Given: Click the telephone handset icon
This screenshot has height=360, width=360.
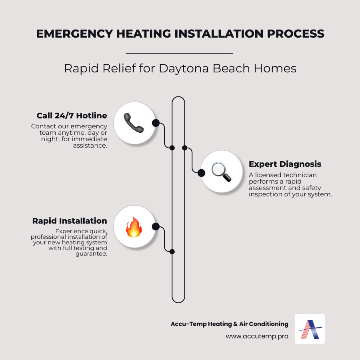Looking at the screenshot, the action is coord(134,123).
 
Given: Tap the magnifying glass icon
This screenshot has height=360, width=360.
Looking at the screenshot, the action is coord(221,172).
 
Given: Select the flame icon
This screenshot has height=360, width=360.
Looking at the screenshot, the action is coord(134,227).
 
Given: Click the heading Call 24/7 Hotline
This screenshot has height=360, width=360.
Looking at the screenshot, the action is coord(72,116).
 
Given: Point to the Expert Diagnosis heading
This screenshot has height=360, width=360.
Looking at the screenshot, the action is coord(285,164).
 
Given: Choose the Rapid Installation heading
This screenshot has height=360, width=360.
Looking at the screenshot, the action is coord(70,221).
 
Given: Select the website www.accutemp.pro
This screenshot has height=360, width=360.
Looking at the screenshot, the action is coord(257,336).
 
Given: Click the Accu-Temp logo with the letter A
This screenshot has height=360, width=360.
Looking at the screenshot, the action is coord(310,329).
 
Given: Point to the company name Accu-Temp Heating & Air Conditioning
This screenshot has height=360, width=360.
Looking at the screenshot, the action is coord(229,324).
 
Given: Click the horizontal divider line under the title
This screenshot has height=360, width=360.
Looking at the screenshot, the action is coord(179,53).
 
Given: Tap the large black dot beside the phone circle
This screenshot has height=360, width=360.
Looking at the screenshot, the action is coord(156,123).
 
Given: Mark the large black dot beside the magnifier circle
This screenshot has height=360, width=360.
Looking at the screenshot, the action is coord(202,172).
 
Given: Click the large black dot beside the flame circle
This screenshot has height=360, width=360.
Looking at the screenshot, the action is coord(156,227).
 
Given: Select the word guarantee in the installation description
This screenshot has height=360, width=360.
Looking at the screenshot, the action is coord(91,254).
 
